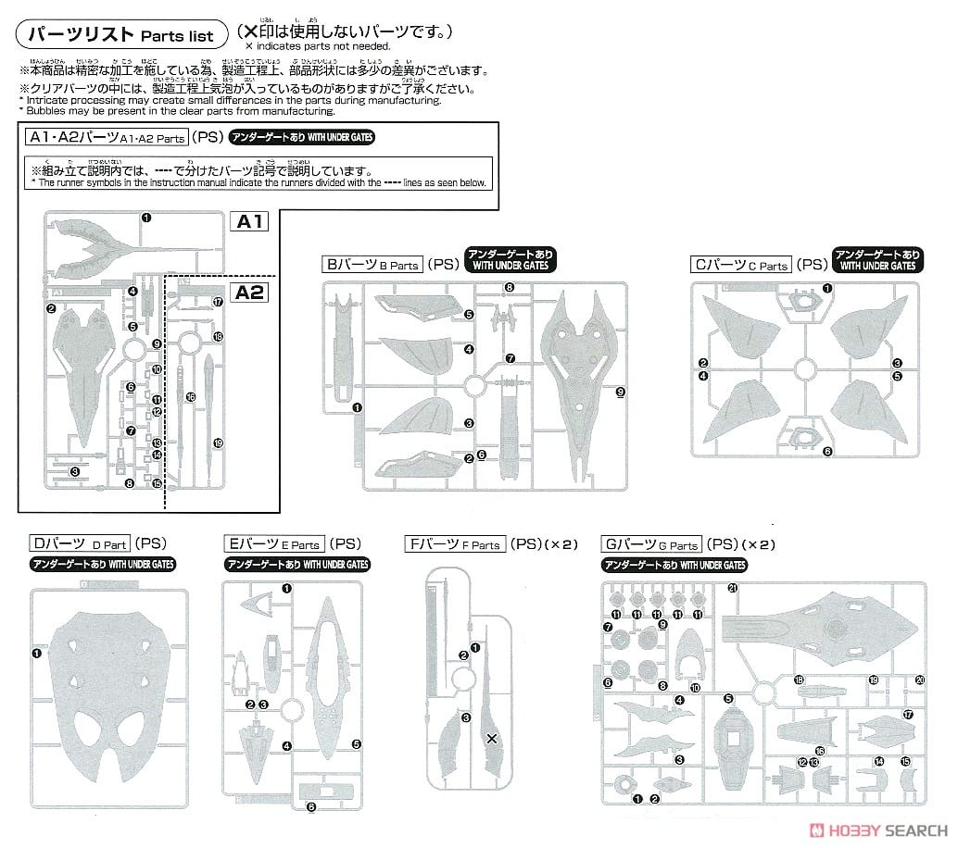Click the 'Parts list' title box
point(120,34)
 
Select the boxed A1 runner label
point(252,221)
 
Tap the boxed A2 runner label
point(252,293)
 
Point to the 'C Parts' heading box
point(741,265)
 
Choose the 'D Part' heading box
point(79,544)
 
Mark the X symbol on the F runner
point(492,738)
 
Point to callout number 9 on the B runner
point(620,392)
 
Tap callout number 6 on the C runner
point(826,452)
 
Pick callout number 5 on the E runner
point(356,743)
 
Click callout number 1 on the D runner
point(36,653)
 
